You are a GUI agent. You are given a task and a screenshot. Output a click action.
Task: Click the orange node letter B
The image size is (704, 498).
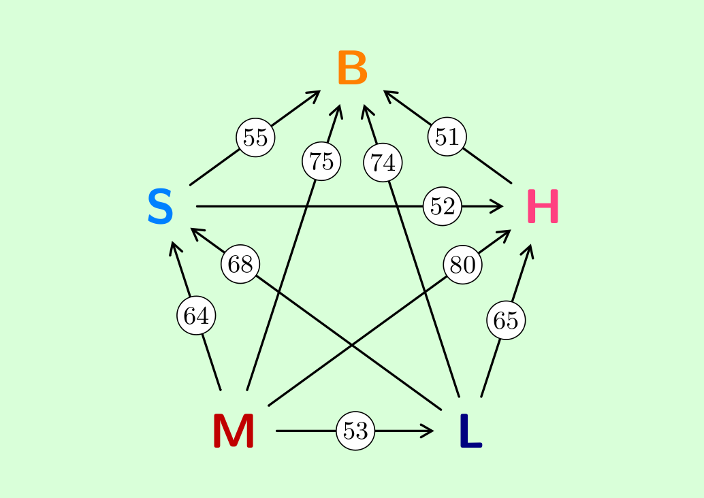click(x=353, y=68)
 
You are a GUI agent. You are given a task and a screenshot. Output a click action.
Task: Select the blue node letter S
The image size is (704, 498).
click(x=160, y=207)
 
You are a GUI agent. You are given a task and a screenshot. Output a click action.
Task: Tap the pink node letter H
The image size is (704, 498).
click(x=543, y=206)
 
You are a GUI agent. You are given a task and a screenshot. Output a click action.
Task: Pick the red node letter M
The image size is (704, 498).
click(x=234, y=431)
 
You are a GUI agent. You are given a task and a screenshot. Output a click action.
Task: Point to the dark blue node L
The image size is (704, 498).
click(x=471, y=431)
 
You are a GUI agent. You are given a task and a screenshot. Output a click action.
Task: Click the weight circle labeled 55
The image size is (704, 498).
click(x=255, y=137)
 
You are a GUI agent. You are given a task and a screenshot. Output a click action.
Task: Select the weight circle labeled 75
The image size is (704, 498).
click(x=321, y=161)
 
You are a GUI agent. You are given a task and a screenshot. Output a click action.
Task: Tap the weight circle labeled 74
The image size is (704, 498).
click(x=383, y=163)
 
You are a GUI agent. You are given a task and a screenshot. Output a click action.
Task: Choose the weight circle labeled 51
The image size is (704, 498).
click(x=447, y=136)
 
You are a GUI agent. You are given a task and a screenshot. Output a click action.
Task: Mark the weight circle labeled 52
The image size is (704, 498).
click(x=443, y=206)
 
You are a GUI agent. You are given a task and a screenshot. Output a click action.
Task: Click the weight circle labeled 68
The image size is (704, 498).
click(x=240, y=264)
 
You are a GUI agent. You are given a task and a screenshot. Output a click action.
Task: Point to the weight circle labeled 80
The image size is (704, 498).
click(x=462, y=265)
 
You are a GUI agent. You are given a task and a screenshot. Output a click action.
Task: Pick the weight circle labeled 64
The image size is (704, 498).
click(x=196, y=316)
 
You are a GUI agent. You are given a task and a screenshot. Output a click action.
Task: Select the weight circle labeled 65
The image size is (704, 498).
click(x=506, y=320)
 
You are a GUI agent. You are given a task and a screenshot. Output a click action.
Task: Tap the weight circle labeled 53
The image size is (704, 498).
click(x=355, y=431)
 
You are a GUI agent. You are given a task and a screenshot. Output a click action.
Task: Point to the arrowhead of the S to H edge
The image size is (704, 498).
click(x=498, y=206)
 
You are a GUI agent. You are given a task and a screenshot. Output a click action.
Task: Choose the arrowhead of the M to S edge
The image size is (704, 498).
click(x=174, y=247)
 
